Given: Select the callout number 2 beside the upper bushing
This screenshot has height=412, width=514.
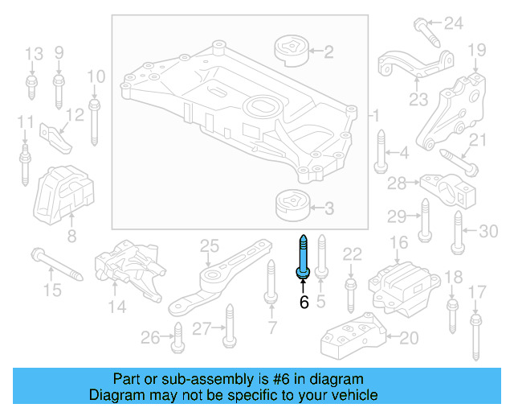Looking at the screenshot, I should click(328, 52).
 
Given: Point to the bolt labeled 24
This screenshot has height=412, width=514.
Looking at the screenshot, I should click(426, 31).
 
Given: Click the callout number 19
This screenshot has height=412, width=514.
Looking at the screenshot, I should click(476, 50).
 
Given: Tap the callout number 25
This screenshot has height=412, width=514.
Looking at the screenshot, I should click(209, 244).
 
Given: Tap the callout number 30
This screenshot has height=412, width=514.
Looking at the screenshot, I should click(489, 232).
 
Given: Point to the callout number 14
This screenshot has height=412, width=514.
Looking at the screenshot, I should click(117, 307).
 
